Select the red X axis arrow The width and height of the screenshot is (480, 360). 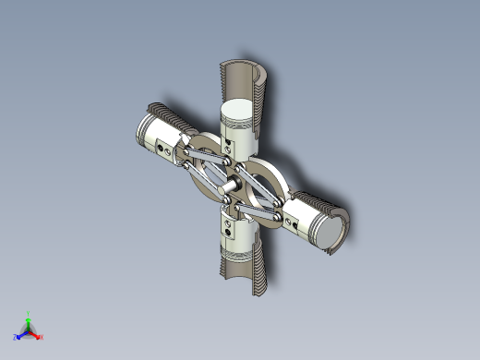coord(37,336)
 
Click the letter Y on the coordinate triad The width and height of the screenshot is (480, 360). coord(30,312)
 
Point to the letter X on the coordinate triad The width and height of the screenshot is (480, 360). coord(42,338)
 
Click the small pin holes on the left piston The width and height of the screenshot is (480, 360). coord(164,148)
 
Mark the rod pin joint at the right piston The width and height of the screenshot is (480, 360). coord(282,212)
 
